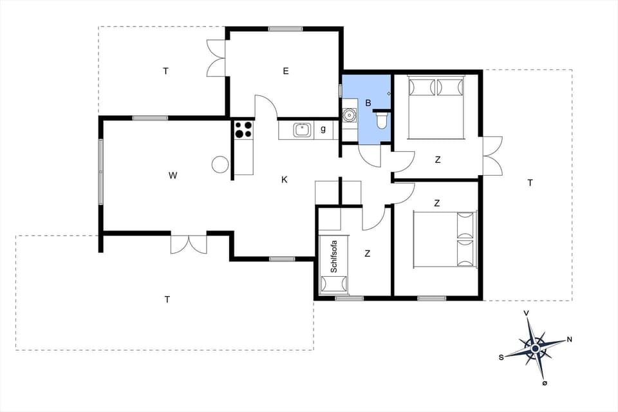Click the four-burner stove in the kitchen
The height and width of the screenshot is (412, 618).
(x=243, y=129)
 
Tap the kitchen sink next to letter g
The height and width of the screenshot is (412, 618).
(x=302, y=129)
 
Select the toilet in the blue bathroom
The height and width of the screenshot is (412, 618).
(x=381, y=120)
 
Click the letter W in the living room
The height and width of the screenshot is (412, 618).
(x=172, y=175)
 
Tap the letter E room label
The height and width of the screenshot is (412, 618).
(x=285, y=71)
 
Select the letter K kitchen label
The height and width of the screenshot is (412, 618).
(x=284, y=180)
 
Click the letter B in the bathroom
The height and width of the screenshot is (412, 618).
(x=368, y=102)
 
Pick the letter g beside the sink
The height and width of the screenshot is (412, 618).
(x=323, y=129)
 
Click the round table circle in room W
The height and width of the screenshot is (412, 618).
(x=220, y=164)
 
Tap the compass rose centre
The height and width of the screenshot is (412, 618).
(x=535, y=348)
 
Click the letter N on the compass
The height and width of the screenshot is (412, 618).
(x=569, y=339)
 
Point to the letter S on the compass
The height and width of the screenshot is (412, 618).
(x=500, y=357)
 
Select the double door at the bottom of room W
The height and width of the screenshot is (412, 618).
(x=189, y=243)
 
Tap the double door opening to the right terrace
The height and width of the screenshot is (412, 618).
(x=492, y=156)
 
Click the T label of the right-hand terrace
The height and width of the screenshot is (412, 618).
(x=530, y=183)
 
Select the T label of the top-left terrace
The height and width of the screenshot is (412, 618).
(x=165, y=71)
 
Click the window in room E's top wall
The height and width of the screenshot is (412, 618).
(x=285, y=28)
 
